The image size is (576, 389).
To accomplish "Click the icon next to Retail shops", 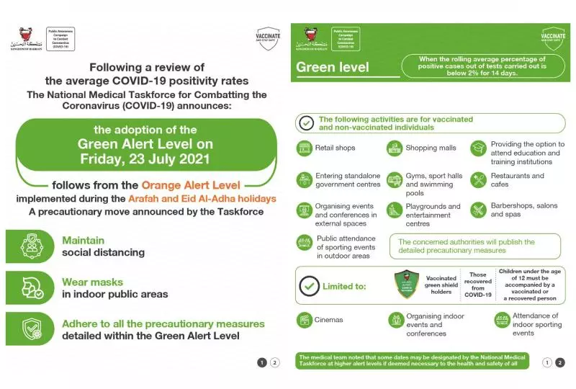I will pos(305,148).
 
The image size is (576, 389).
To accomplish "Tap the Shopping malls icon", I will pos(394,148).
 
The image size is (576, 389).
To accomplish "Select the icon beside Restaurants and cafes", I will pos(479,179).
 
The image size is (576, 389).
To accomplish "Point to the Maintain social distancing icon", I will pos(30,246).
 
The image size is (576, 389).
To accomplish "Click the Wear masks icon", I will pos(30,287).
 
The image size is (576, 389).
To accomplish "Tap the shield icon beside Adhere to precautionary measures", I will pos(30,329).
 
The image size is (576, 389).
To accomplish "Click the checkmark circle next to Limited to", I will pos(309,286).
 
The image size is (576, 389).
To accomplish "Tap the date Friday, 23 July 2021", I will pos(145,158).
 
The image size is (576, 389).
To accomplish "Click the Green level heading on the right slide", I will pos(333,68).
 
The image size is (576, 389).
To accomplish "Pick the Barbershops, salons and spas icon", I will pos(479,210).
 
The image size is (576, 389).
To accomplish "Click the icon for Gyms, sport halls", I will pos(394,179).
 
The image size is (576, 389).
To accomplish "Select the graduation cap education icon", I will pos(479,148).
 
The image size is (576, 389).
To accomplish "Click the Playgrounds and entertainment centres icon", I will pos(394,210).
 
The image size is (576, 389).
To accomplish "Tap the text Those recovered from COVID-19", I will pos(478,285).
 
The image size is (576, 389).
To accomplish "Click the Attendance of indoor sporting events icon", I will pos(501,320).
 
